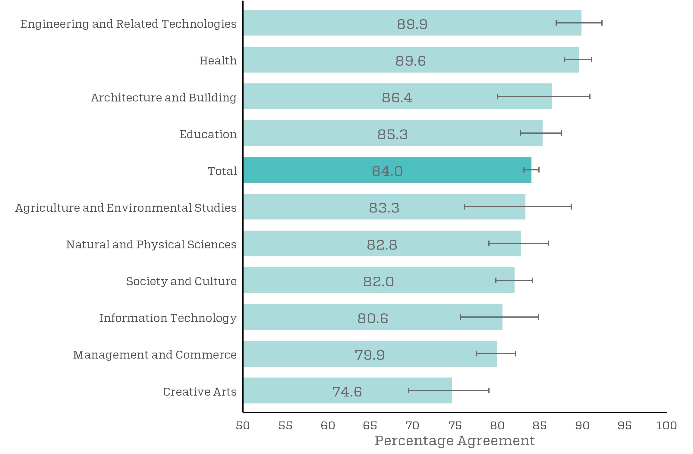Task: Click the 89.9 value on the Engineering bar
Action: coord(412,24)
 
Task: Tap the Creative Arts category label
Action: coord(200,392)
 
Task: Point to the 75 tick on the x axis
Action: coord(455,425)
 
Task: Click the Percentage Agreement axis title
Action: coord(454,441)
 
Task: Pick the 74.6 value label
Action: coord(347,392)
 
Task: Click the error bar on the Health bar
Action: coord(578,60)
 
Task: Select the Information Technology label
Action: coord(168,318)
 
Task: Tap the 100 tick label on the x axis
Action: coord(666,425)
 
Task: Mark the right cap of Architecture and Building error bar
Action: coord(590,96)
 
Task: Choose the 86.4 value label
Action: coord(397,98)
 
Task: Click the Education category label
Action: coord(208,134)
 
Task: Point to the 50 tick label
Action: coord(243,425)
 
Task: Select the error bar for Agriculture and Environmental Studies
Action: coord(518,207)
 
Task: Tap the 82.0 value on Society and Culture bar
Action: coord(378,281)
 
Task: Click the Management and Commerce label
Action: coord(155,355)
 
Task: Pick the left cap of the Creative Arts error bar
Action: coord(408,390)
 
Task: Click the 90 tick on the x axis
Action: coord(582,425)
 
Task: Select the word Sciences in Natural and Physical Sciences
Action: coord(212,244)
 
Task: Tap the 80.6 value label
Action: coord(373,318)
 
